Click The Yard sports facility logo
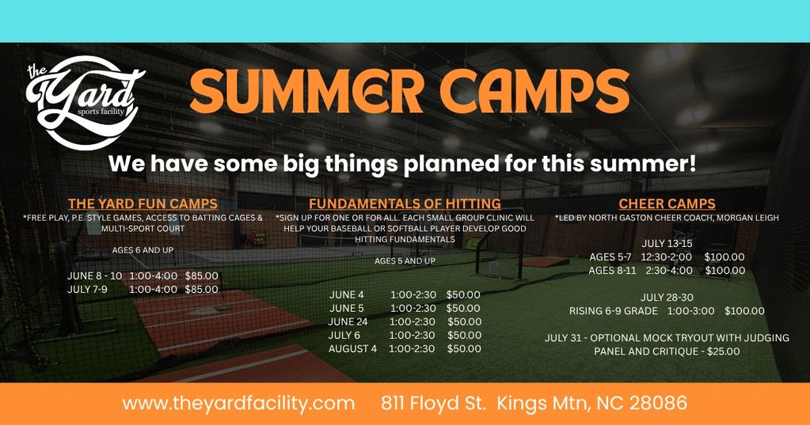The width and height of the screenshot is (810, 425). click(86, 102)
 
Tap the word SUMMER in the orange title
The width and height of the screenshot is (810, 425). click(307, 91)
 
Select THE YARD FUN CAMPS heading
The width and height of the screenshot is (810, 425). click(143, 204)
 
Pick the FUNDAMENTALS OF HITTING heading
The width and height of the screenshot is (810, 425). click(405, 204)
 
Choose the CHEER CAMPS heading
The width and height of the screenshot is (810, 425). click(667, 204)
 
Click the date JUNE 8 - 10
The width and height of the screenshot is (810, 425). click(94, 276)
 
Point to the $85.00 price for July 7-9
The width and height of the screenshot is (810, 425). click(201, 290)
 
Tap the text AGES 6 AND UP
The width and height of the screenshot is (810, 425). click(143, 250)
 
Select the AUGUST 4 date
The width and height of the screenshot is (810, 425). click(353, 348)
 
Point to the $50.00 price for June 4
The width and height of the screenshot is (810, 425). click(463, 295)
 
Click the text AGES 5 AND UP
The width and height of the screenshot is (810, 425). click(405, 261)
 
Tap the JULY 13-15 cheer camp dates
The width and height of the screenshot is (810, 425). click(667, 244)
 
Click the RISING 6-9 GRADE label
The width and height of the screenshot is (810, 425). click(614, 311)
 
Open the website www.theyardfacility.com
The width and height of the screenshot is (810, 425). click(238, 404)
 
